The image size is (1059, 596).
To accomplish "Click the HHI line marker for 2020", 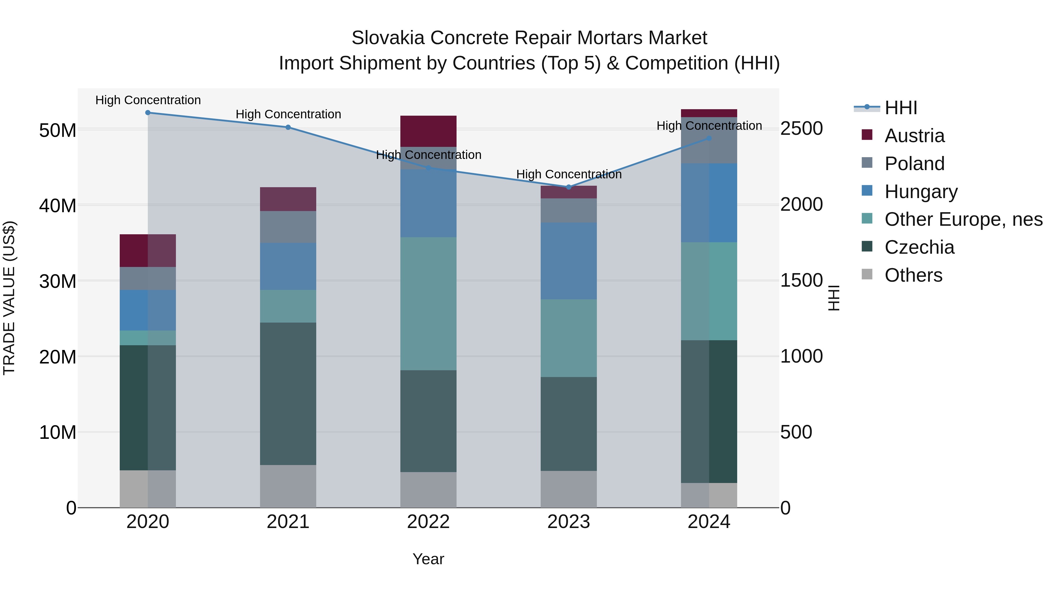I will (148, 113).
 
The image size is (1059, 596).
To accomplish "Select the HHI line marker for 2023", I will (569, 187).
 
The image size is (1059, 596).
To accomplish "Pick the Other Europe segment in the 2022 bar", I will (428, 303).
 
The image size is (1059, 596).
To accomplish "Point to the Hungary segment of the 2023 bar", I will (569, 261).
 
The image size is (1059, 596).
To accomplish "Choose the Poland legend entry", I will (914, 164).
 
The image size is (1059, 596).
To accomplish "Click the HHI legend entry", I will (900, 108).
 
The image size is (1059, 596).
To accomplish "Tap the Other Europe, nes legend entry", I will (963, 220).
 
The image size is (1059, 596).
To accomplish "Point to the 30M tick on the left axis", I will (58, 281).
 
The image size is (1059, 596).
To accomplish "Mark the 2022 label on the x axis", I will (428, 522).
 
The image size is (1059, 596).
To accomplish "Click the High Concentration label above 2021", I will (288, 114).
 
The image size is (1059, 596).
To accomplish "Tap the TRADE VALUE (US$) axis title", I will (9, 298).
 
